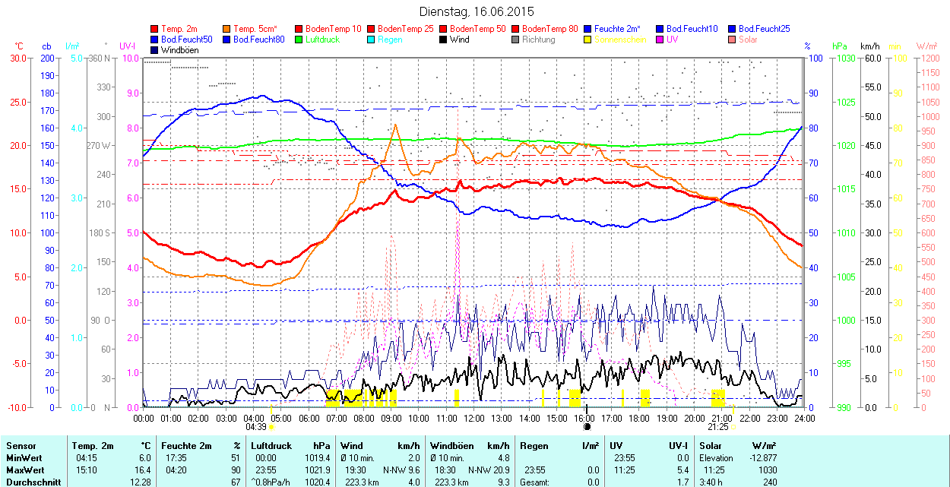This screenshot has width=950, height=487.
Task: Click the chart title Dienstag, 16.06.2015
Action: point(477,11)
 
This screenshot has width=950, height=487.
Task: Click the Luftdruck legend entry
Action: point(317,39)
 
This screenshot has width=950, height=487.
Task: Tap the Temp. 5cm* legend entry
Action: point(255,28)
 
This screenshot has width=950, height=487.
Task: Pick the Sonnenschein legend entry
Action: point(620,39)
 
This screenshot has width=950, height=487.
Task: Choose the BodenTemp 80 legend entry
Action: point(549,28)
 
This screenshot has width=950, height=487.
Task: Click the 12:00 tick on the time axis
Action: point(474,418)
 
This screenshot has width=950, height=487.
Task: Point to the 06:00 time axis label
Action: point(309,418)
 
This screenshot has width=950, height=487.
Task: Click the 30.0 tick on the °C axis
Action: point(17,58)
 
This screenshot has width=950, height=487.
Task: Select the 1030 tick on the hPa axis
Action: point(847,58)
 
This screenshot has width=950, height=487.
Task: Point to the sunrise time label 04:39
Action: point(256,428)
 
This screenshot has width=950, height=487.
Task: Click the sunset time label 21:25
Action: point(717,428)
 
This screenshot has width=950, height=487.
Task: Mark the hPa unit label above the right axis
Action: point(840,46)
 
